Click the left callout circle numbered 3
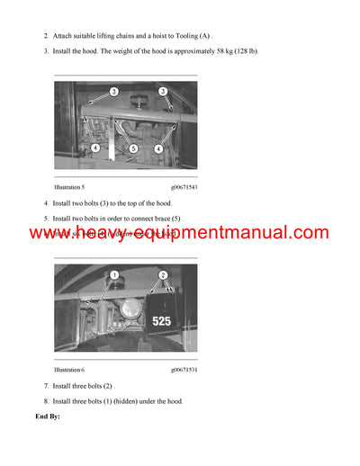114,92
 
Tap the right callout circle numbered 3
163,92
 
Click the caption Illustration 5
69,185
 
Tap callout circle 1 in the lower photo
114,274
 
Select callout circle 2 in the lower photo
163,274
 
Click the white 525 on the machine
162,320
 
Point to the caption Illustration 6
69,370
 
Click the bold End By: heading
48,417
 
